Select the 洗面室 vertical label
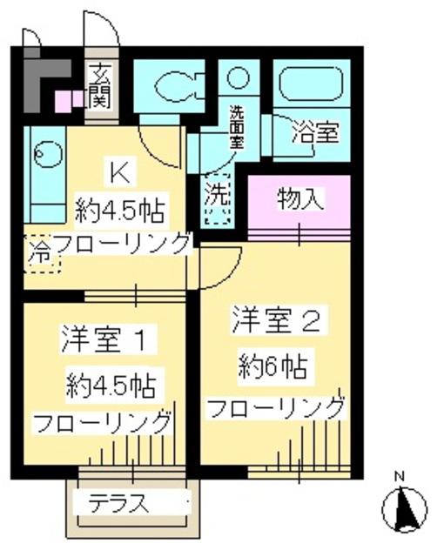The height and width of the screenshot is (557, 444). pos(237,128)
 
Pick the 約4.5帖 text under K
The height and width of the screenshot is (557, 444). pos(122,210)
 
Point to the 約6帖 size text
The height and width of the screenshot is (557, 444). pos(274,367)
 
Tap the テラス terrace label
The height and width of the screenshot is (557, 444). pos(118,502)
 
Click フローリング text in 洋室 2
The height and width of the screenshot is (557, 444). pos(275,406)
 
